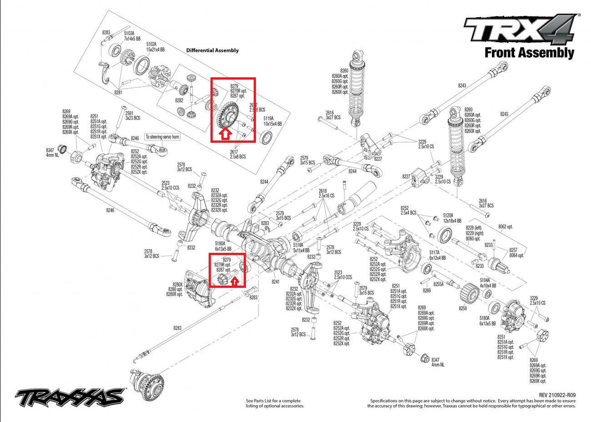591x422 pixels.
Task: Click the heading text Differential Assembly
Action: click(x=212, y=50)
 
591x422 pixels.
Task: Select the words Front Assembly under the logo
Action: click(x=529, y=53)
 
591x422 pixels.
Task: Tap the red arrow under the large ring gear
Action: click(x=225, y=133)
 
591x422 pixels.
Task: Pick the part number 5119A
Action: click(x=268, y=118)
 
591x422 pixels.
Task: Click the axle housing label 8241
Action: click(x=276, y=282)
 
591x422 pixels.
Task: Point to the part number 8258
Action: click(x=462, y=308)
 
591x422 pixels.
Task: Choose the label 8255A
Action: click(x=438, y=284)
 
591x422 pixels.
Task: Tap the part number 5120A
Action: click(x=448, y=215)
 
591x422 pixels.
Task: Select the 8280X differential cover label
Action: click(x=175, y=285)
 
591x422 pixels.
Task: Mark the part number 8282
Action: click(x=179, y=100)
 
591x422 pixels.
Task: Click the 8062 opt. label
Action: click(x=505, y=227)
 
